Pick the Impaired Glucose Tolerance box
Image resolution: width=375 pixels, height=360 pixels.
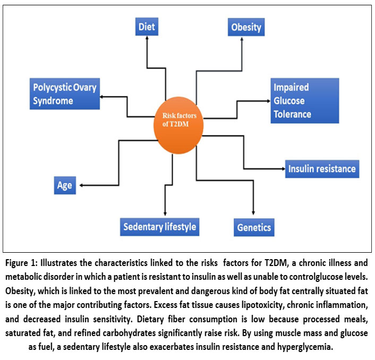304,100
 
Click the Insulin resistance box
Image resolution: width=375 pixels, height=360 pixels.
322,169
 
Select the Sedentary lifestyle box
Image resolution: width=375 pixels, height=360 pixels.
159,227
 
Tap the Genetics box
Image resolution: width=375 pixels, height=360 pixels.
253,228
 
